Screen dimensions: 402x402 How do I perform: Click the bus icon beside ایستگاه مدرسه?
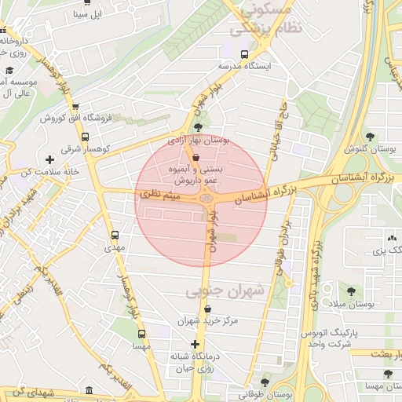click(245, 55)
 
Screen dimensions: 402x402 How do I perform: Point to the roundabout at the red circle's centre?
click(206, 201)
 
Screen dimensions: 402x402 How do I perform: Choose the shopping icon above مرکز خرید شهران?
click(207, 309)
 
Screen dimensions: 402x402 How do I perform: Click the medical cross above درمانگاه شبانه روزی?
click(196, 344)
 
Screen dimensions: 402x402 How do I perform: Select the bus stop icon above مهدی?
click(115, 234)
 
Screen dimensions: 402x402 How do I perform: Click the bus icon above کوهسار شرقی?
click(84, 137)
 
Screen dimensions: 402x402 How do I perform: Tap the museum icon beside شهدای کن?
click(88, 390)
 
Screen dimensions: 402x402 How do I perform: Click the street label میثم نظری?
click(160, 192)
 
